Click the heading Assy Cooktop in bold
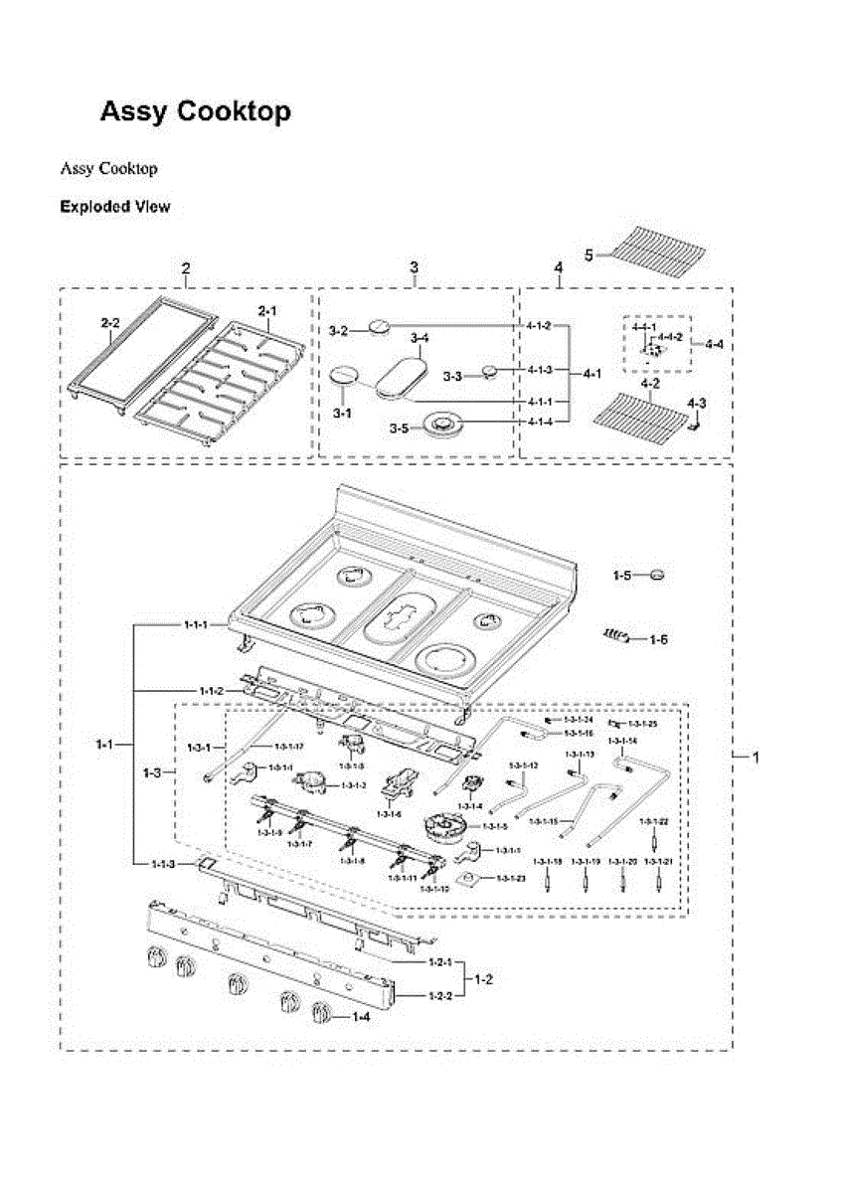click(195, 111)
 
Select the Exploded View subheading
click(114, 207)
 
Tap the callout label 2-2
click(110, 323)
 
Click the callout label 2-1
click(267, 311)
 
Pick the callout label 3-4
click(420, 338)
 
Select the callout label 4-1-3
click(538, 369)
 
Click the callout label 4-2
click(651, 381)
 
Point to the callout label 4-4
click(714, 344)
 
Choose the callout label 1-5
click(622, 575)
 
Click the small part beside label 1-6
click(615, 636)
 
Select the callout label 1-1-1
click(196, 624)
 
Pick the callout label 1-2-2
click(439, 995)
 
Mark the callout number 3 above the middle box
click(414, 267)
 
